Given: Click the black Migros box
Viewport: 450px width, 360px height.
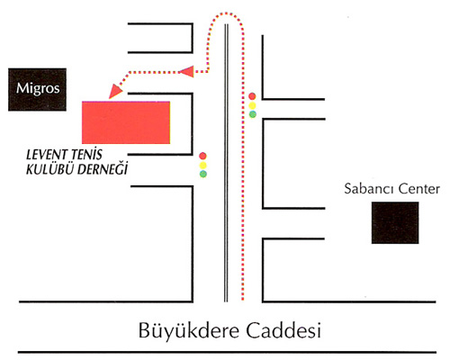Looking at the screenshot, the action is (x=37, y=90).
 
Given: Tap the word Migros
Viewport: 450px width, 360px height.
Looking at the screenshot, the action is (x=38, y=88).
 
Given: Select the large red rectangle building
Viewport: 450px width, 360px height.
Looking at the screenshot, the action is (x=126, y=122).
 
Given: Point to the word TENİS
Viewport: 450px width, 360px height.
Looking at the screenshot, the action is (x=86, y=154).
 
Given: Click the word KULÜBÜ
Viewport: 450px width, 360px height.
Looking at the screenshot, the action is (x=49, y=169).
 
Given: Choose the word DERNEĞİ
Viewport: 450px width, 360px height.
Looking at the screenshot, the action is (x=103, y=168).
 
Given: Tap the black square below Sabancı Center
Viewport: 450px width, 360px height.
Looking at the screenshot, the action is (x=395, y=222).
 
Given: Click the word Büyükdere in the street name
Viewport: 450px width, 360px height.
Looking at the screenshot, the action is (x=189, y=331).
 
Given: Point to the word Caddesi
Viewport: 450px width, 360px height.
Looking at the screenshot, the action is (x=283, y=330).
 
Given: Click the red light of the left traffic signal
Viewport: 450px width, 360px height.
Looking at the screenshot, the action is (x=203, y=156).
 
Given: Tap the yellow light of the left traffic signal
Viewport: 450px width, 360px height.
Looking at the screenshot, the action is (x=203, y=165).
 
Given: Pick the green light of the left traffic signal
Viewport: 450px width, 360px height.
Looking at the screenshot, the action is (x=203, y=174).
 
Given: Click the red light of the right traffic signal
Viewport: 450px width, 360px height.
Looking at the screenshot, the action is (x=252, y=96).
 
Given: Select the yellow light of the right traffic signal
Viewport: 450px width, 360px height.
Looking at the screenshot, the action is (x=252, y=105).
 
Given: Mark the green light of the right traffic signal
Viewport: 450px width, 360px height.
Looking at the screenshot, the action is (x=253, y=114).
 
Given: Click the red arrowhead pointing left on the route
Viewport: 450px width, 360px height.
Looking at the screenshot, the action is (x=187, y=71).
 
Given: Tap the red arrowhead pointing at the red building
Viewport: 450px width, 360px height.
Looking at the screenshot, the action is (x=115, y=91).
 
